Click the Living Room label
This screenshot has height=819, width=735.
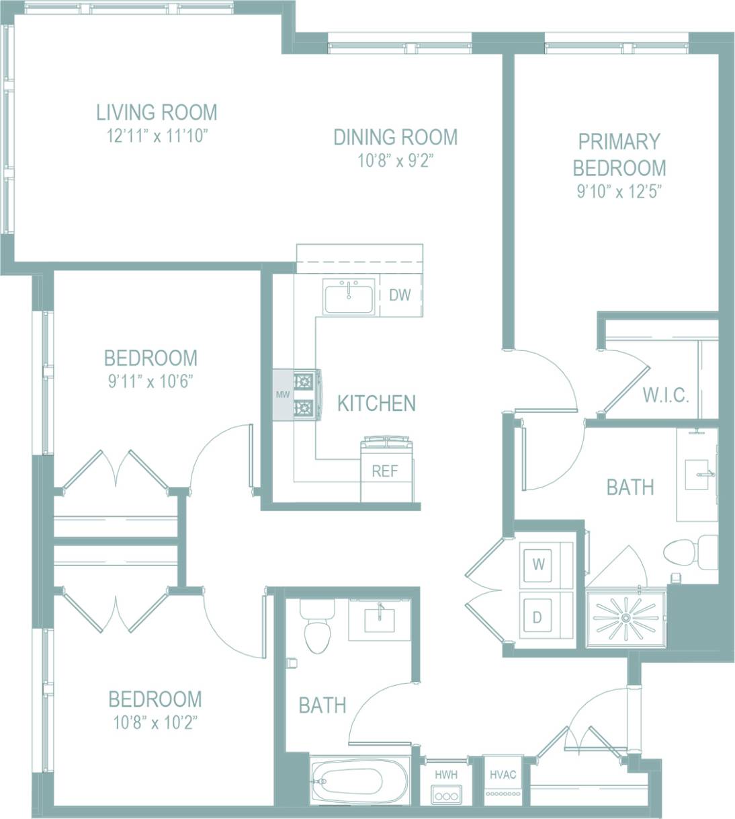(x=157, y=112)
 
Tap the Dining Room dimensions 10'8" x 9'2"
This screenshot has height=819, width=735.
(x=395, y=161)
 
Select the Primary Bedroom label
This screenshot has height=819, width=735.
(x=619, y=154)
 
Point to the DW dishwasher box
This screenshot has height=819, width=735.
(x=400, y=295)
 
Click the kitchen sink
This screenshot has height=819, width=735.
(x=349, y=297)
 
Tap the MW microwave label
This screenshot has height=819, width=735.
(x=282, y=395)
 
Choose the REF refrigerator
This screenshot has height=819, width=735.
(x=385, y=471)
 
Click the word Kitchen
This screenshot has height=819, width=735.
(x=376, y=403)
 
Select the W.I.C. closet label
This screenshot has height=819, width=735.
(x=665, y=395)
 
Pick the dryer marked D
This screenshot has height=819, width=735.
(x=537, y=617)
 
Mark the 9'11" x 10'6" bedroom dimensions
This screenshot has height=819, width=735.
(x=148, y=382)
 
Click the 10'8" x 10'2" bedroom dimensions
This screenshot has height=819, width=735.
(x=155, y=724)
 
